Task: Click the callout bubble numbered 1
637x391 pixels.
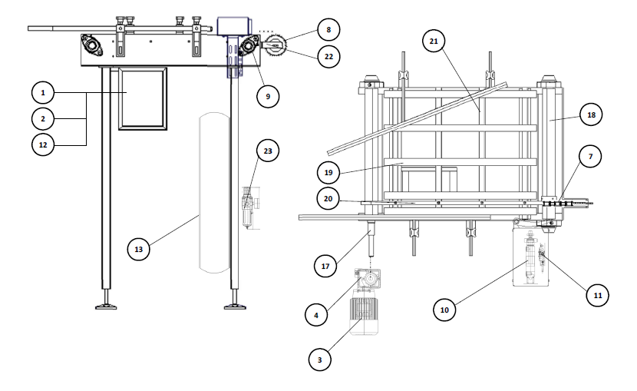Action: click(x=43, y=93)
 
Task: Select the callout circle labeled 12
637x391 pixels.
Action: click(x=43, y=144)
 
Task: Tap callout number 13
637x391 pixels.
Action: click(x=139, y=249)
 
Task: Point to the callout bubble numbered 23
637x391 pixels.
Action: click(x=268, y=151)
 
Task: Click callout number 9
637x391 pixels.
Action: click(x=268, y=96)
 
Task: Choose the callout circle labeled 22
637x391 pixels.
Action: click(x=328, y=57)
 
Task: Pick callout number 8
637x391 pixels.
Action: click(x=328, y=30)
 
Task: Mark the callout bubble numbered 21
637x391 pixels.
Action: click(x=434, y=41)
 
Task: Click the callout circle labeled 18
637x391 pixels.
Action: click(x=591, y=114)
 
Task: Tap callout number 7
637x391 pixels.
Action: click(x=590, y=157)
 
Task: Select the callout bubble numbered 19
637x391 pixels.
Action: click(x=328, y=173)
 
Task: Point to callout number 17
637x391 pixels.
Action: click(x=325, y=267)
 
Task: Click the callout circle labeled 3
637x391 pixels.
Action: click(x=320, y=360)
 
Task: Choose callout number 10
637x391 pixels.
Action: click(x=444, y=310)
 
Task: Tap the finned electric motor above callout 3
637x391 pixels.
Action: click(x=365, y=312)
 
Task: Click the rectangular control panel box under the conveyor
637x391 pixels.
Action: click(x=143, y=99)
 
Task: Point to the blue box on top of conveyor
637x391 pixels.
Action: click(x=233, y=26)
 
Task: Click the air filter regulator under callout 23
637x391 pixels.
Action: click(x=248, y=207)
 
